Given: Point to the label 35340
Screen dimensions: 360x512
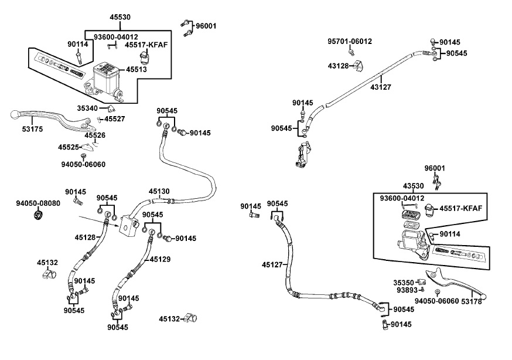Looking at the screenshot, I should [x=88, y=108].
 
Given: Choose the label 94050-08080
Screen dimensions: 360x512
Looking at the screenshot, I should [x=37, y=203].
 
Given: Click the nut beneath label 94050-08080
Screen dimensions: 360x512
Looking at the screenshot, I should [x=39, y=216].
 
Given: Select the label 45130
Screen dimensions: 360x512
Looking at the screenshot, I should [x=159, y=191].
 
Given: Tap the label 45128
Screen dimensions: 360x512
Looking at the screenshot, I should [x=85, y=237].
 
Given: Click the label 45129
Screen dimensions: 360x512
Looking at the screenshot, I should [x=161, y=259].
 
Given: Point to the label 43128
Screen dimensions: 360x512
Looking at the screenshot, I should [x=339, y=65].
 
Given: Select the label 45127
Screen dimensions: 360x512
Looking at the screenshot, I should [x=272, y=264].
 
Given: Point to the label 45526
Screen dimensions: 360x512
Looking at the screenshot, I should [x=95, y=135].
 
